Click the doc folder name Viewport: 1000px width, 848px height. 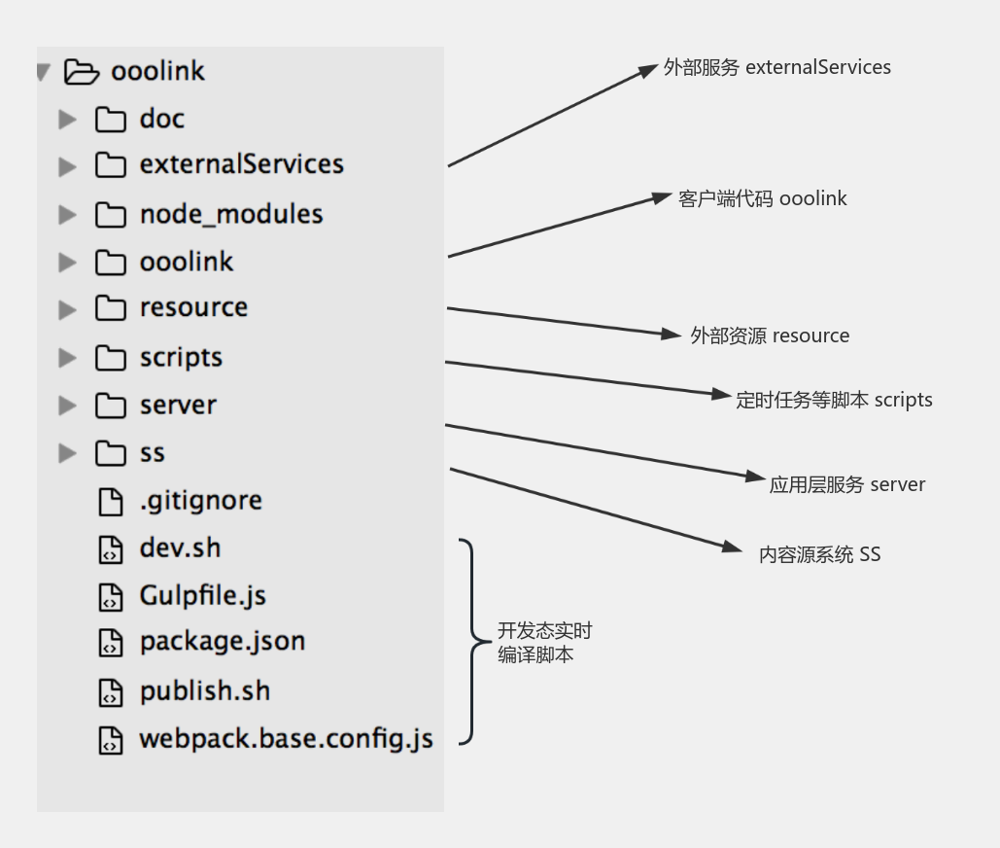point(162,119)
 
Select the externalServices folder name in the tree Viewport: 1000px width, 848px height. point(242,164)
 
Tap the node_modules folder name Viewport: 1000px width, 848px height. point(231,214)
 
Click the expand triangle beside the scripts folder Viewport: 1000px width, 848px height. point(67,357)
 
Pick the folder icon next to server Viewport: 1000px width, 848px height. point(111,406)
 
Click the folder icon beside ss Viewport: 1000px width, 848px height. point(111,453)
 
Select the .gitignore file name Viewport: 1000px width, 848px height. point(201,501)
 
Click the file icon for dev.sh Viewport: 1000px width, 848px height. point(111,549)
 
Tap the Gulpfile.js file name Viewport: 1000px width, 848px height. point(203,596)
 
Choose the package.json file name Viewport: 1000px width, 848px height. point(223,642)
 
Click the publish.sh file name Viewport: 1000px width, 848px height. point(205,690)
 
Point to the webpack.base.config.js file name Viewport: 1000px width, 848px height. point(287,739)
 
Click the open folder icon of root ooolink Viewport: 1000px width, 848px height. point(82,71)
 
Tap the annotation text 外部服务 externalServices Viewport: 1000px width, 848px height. point(776,67)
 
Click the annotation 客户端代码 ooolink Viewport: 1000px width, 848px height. point(762,198)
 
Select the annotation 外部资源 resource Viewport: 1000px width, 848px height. point(770,336)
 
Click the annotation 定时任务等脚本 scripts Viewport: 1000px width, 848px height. point(834,400)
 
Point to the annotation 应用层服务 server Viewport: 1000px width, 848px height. point(847,485)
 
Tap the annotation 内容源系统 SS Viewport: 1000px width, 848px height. point(819,554)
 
